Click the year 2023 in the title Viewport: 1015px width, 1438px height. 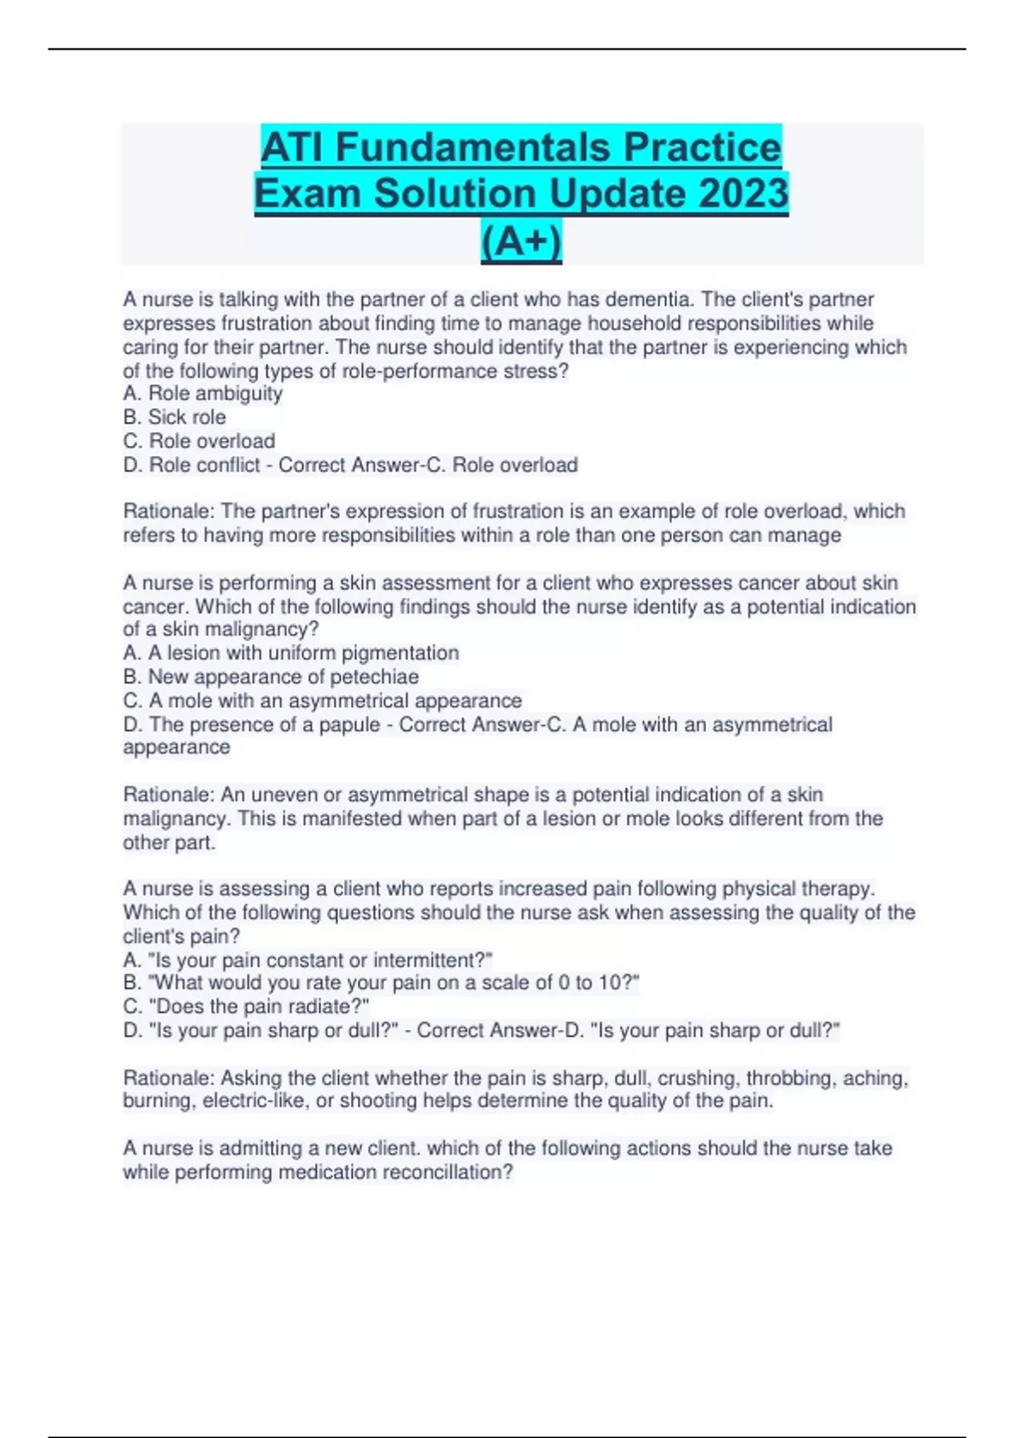coord(741,193)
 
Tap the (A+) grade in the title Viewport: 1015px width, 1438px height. coord(521,241)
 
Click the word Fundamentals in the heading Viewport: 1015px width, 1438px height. coord(473,147)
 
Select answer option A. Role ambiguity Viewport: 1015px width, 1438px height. coord(203,393)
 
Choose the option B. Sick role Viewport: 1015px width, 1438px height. coord(175,417)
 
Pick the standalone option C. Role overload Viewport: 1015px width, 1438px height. coord(200,441)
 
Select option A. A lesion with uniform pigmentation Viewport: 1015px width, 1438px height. coord(291,653)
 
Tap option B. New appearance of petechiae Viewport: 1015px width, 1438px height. coord(271,677)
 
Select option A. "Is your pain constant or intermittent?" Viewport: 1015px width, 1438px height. coord(308,960)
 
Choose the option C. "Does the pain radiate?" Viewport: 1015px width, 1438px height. coord(246,1007)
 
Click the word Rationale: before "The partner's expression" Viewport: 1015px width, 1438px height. coord(169,512)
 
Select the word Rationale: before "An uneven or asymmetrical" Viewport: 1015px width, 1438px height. coord(169,795)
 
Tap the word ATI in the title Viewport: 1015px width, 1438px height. coord(293,147)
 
